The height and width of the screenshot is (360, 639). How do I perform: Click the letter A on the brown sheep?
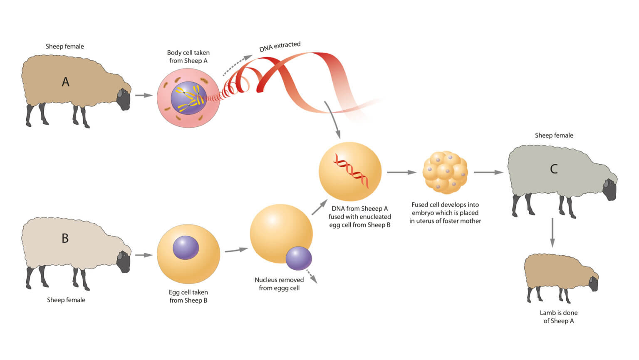[65, 82]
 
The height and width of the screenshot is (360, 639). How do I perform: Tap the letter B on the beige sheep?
[65, 238]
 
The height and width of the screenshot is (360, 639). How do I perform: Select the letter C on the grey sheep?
[554, 169]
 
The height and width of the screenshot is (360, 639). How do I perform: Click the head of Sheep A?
[123, 99]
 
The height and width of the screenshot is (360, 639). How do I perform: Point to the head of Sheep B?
[123, 261]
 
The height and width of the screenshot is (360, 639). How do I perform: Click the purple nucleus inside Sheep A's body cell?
[188, 98]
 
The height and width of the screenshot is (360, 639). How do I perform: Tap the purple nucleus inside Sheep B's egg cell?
[186, 247]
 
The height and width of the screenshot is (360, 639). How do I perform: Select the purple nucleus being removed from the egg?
[299, 258]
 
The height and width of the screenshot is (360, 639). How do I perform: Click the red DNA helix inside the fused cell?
[351, 170]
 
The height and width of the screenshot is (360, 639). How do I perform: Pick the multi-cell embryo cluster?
[445, 173]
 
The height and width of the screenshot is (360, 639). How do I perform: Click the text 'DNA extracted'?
[280, 46]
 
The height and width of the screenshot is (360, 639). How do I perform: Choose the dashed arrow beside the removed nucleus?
[312, 278]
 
